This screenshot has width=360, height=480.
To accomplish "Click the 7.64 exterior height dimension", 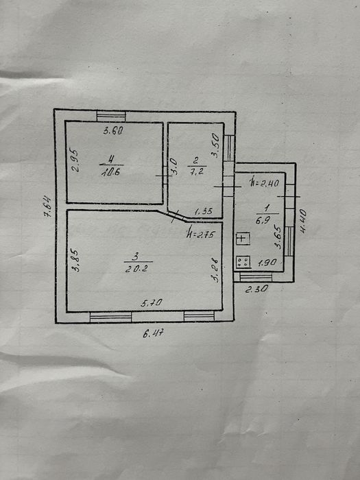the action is coord(48,206).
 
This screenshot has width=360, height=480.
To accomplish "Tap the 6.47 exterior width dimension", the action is coord(153,333).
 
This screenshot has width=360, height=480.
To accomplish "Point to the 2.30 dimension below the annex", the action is coord(256,289).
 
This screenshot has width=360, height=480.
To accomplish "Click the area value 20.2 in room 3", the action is coord(136,269).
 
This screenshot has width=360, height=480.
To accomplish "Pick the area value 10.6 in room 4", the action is coord(110,171).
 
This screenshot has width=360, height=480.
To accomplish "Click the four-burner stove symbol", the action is coord(243,262).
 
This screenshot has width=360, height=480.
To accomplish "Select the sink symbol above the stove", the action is coord(243,239).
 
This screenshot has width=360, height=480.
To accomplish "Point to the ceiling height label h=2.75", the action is coord(201,235).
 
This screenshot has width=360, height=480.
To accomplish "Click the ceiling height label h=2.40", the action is coord(264,182).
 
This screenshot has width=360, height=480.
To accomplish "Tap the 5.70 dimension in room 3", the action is coord(152,303).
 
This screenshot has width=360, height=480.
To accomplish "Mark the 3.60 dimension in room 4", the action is coord(113,131).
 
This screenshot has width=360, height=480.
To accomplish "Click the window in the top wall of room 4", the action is coord(111,117).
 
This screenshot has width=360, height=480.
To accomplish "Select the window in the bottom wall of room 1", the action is coord(256,277).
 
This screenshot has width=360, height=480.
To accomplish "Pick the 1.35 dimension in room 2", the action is coord(204,211).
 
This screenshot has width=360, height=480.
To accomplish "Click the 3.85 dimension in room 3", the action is coord(75,260).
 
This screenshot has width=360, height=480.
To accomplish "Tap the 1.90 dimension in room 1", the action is coord(267,263).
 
